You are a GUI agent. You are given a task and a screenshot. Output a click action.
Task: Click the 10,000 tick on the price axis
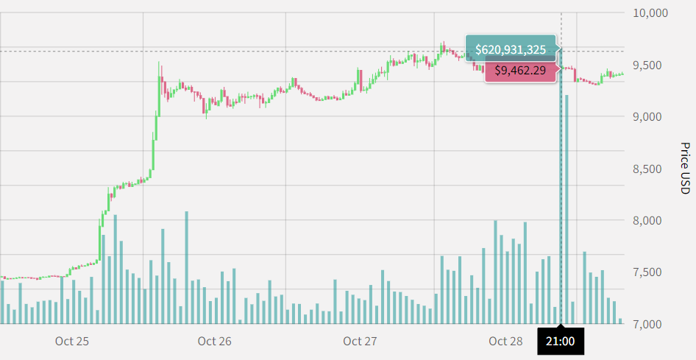(x=650, y=13)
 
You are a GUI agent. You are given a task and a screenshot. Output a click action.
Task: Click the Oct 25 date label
(x=72, y=342)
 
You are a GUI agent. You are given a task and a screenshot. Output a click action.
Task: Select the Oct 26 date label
(x=214, y=342)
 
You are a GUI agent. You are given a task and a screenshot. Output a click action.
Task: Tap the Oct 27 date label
(x=360, y=342)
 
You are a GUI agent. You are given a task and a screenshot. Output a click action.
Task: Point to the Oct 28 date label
(x=505, y=342)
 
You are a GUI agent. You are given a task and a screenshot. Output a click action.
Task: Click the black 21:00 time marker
(x=561, y=342)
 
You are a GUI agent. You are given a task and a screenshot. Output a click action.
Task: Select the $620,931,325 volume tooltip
(x=511, y=49)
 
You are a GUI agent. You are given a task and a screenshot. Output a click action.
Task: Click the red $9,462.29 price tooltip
(x=520, y=71)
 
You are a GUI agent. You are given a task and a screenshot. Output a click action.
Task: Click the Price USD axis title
(x=683, y=169)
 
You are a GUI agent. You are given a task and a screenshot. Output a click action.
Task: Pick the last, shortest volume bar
(x=620, y=321)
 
